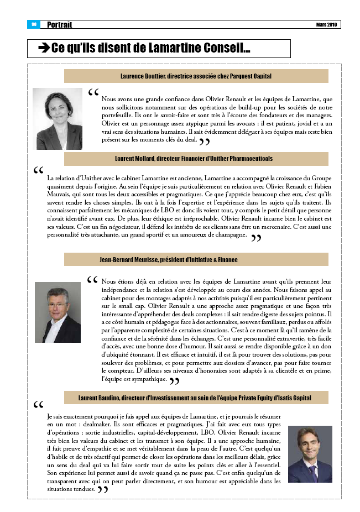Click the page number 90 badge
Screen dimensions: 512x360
click(x=33, y=24)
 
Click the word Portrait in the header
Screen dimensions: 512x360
click(x=60, y=25)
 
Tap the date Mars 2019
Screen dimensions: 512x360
click(x=326, y=25)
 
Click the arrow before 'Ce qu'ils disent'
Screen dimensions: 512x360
click(x=44, y=49)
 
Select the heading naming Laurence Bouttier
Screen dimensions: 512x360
click(x=196, y=76)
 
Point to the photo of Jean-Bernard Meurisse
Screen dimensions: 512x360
click(x=58, y=312)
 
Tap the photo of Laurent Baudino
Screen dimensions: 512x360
click(x=310, y=454)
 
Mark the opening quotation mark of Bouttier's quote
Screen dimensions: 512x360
click(x=93, y=92)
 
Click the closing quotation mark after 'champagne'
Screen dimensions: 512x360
click(x=256, y=238)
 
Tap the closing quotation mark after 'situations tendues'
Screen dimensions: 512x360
click(x=103, y=490)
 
